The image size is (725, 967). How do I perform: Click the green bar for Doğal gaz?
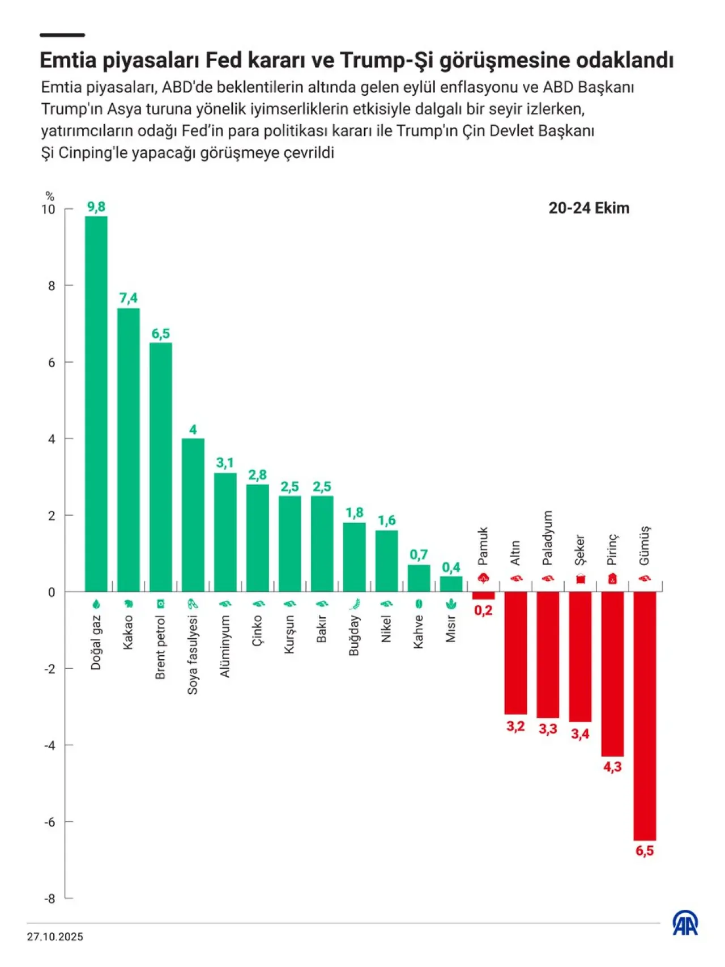[96, 404]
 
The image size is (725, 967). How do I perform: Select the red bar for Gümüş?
[645, 716]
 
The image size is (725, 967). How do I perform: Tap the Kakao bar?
[129, 450]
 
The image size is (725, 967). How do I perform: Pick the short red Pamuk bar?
[483, 596]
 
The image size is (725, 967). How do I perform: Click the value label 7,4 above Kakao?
[129, 298]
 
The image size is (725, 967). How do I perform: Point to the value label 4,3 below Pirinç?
[612, 767]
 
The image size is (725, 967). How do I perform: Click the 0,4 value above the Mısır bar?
[451, 567]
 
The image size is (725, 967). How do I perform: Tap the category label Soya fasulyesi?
[193, 655]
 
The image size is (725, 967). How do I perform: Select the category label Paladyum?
[547, 538]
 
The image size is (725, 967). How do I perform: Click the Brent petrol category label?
[160, 647]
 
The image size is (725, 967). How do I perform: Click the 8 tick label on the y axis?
[52, 286]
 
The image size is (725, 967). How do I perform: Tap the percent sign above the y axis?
[50, 197]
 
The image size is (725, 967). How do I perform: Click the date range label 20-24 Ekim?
[589, 208]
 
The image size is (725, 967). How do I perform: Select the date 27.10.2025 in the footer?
[55, 937]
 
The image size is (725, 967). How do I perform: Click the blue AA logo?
[685, 923]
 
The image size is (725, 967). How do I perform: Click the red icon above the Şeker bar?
[580, 579]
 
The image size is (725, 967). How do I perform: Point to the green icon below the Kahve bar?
[419, 604]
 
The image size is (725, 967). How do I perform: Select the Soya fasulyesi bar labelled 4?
[193, 515]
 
